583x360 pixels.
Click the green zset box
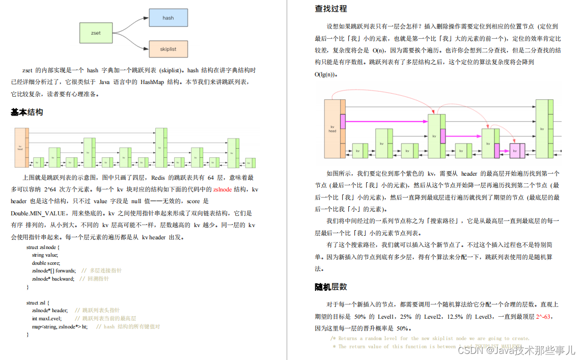click(96, 33)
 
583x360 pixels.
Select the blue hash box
click(168, 18)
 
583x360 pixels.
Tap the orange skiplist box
click(168, 49)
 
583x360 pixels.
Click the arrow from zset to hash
click(131, 23)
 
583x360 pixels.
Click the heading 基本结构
click(27, 112)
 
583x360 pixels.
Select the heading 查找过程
click(331, 9)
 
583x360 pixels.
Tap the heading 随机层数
click(331, 287)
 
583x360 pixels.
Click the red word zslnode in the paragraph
click(223, 189)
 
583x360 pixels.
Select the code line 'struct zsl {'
click(38, 302)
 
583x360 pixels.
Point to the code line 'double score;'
click(46, 263)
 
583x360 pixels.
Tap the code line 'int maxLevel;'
click(46, 318)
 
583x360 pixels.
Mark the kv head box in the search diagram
click(332, 128)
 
